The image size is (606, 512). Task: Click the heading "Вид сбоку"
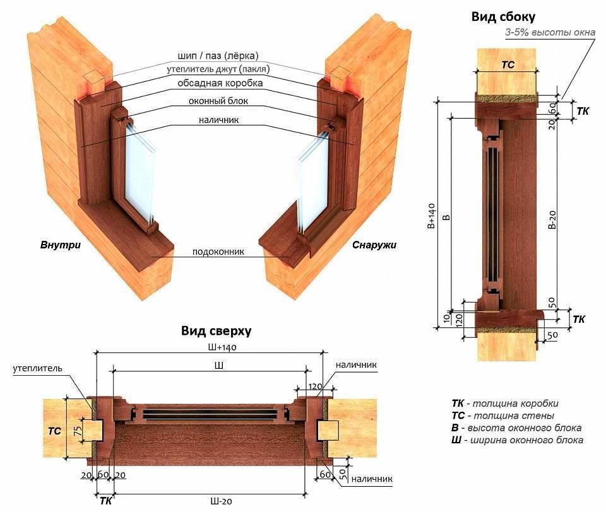(503, 17)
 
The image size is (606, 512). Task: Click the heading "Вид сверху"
(217, 330)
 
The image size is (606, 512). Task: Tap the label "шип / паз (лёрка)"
(213, 55)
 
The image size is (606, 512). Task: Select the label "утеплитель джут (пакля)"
(215, 69)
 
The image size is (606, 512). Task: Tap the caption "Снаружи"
(374, 245)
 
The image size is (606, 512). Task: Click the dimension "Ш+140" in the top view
(212, 347)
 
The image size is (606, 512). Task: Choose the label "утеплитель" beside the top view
(37, 369)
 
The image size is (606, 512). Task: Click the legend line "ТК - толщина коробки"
(505, 404)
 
